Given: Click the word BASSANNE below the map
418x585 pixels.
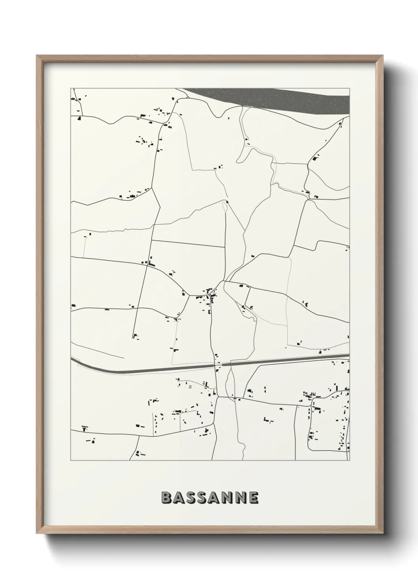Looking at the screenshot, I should click(x=210, y=498).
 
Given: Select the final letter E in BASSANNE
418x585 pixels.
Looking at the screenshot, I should click(x=253, y=498).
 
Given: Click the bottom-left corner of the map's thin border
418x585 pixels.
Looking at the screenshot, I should click(x=71, y=460).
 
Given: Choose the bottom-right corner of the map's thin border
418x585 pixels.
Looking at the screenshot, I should click(x=350, y=460).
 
